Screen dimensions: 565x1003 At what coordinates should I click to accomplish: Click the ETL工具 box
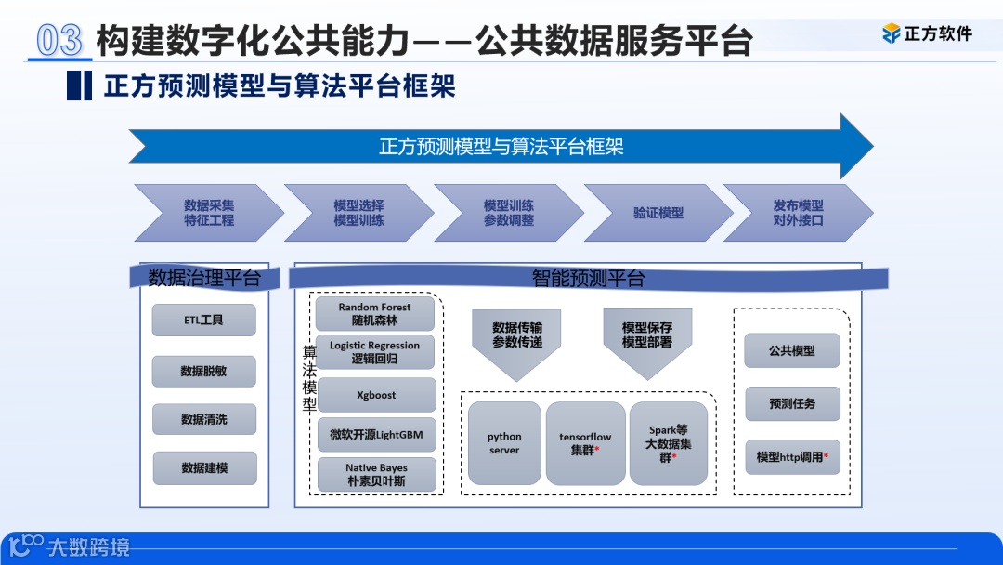pos(203,321)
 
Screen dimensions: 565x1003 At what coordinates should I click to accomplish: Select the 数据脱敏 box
pos(203,371)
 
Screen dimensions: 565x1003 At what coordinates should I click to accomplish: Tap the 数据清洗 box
pos(203,420)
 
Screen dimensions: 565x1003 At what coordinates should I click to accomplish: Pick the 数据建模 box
pos(203,468)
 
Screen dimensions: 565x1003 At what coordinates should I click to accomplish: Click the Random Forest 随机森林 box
pos(374,314)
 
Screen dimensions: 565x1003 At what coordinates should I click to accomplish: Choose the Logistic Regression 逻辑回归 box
pos(374,352)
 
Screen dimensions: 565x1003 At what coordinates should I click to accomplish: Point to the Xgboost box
pos(375,395)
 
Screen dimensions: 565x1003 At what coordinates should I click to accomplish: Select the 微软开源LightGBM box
pos(375,435)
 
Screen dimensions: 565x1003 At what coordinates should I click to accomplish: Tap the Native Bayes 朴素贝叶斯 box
pos(375,474)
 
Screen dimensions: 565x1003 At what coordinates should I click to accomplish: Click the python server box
pos(504,443)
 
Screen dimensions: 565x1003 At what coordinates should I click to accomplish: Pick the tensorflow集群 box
pos(585,443)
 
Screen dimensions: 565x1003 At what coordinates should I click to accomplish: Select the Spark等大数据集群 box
pos(669,443)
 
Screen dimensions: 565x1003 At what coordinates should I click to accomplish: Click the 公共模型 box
pos(791,351)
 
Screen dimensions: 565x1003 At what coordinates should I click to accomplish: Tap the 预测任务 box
pos(791,404)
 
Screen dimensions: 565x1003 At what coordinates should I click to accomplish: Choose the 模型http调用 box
pos(791,457)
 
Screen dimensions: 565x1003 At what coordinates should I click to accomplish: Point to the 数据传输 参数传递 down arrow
pos(516,339)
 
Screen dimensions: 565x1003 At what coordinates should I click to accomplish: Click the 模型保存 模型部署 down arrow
pos(647,339)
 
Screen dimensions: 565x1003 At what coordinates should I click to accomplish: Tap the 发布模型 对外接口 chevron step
pos(797,213)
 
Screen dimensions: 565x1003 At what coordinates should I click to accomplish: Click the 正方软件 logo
pos(926,33)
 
